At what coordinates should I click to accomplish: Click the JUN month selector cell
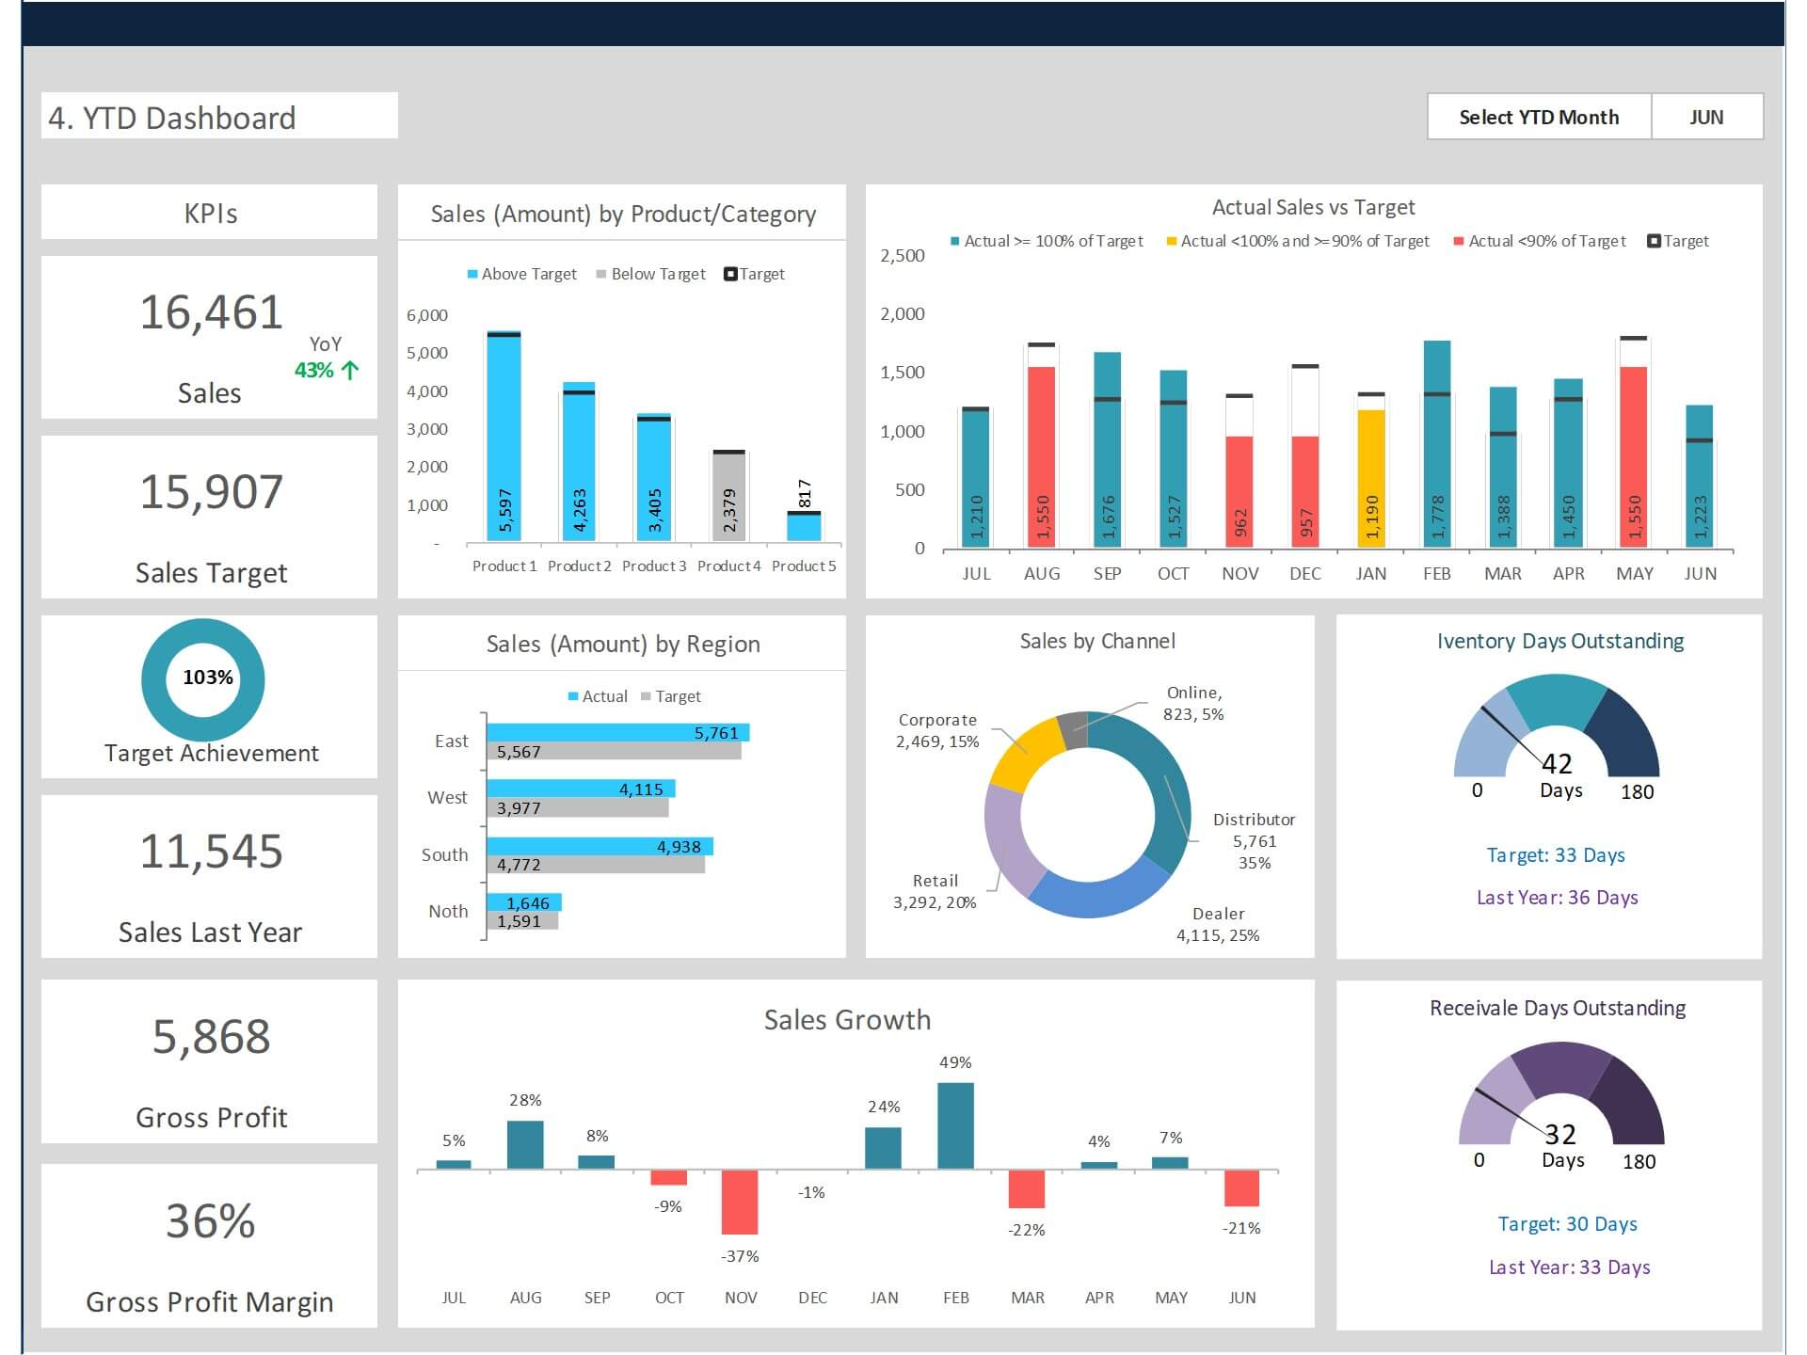(1705, 117)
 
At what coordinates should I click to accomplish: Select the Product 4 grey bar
(728, 497)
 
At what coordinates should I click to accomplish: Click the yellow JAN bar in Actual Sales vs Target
(1371, 478)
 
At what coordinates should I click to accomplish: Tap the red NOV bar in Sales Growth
(740, 1202)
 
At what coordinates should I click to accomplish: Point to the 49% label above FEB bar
(955, 1062)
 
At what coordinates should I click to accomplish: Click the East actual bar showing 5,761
(617, 732)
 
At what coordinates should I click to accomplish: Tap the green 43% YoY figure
(314, 370)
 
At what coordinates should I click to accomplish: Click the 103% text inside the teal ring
(208, 677)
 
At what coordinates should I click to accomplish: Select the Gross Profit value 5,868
(211, 1037)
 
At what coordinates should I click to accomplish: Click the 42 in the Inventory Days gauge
(1557, 763)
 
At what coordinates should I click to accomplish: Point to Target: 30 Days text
(1567, 1224)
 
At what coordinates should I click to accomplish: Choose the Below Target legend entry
(650, 274)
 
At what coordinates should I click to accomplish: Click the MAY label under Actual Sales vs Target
(1634, 573)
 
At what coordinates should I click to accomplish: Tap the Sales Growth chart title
(847, 1020)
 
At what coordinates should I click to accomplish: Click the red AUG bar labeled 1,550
(1041, 456)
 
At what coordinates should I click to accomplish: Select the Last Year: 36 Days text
(1557, 898)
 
